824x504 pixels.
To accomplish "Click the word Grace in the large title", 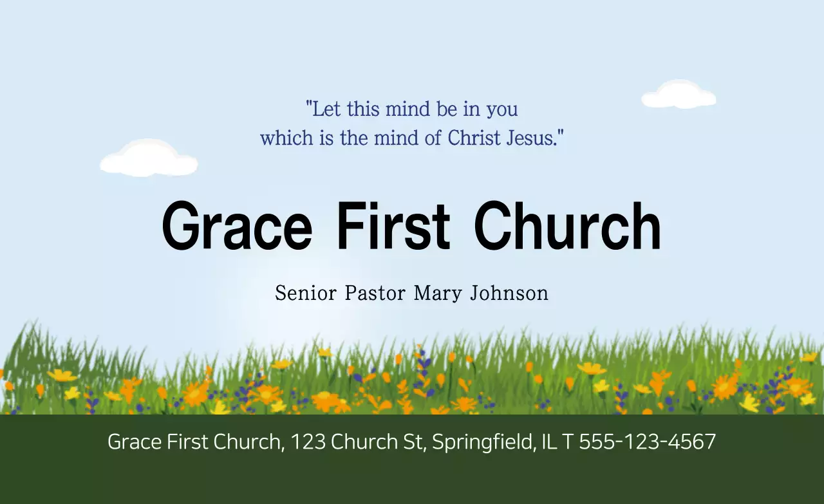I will point(237,226).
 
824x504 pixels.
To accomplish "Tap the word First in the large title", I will point(393,226).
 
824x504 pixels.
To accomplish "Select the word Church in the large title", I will point(567,226).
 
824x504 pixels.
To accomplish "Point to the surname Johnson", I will point(509,294).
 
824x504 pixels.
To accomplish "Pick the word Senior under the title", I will point(306,294).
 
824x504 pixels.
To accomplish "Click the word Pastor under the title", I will point(375,294).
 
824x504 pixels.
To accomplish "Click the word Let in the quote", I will point(327,109).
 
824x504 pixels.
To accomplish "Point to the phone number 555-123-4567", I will point(648,442).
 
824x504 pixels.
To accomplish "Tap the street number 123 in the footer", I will point(308,442).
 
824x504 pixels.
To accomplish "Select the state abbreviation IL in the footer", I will point(548,442).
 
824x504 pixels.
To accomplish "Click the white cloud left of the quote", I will point(149,158).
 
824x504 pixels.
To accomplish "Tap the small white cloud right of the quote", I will point(679,95).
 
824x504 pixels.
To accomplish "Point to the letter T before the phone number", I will point(568,442).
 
